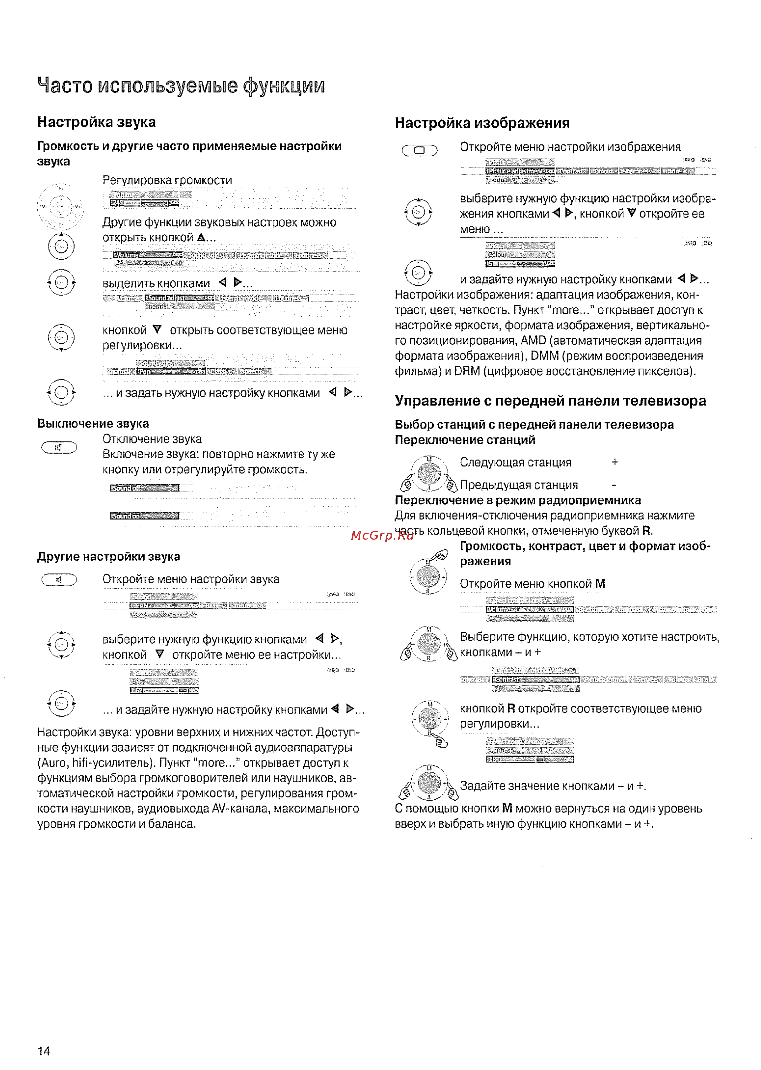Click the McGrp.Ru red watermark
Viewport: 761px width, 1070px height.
pyautogui.click(x=382, y=535)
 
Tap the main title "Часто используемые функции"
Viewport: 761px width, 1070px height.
pyautogui.click(x=181, y=86)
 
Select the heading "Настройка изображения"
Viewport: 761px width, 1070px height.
pyautogui.click(x=482, y=123)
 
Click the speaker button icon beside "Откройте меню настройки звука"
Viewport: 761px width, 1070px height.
pyautogui.click(x=59, y=580)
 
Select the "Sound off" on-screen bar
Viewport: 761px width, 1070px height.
pyautogui.click(x=144, y=488)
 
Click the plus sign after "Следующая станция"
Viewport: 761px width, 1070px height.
pyautogui.click(x=615, y=463)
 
